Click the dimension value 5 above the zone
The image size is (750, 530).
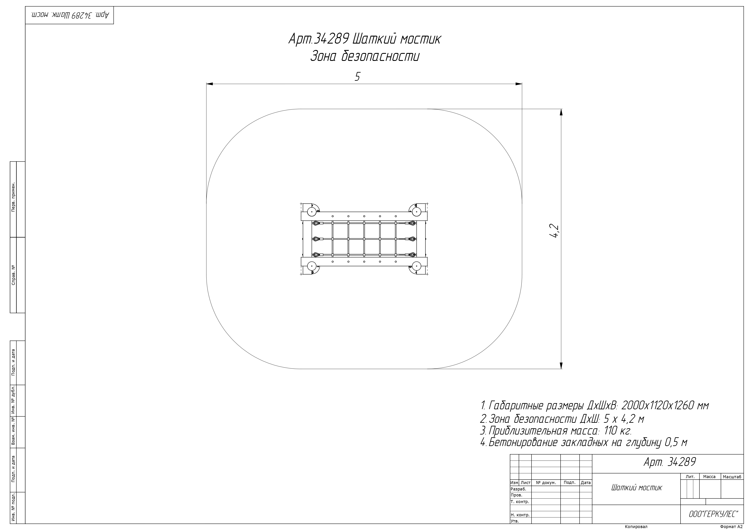pos(357,77)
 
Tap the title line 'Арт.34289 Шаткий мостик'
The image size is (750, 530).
pos(365,39)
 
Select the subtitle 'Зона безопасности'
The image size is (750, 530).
pos(365,56)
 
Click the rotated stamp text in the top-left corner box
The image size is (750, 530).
pos(69,15)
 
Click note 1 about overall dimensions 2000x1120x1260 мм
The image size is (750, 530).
pos(595,406)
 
